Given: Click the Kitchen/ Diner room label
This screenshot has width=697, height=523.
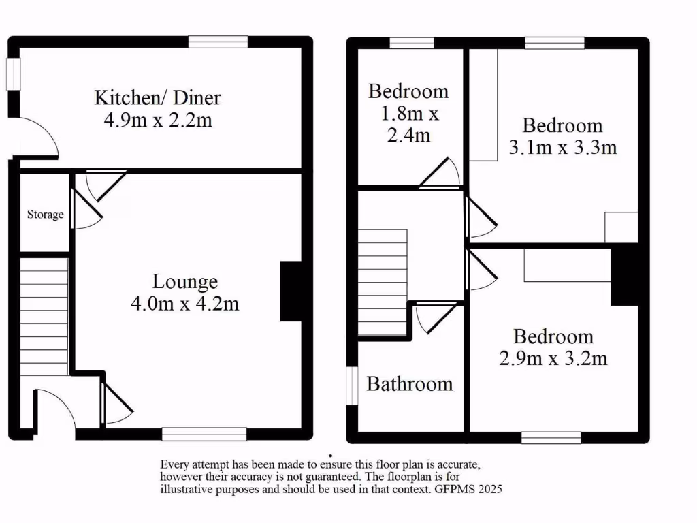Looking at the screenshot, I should pyautogui.click(x=157, y=97).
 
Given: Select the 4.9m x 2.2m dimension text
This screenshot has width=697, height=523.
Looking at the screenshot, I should pyautogui.click(x=157, y=121).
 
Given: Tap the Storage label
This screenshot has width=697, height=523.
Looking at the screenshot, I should pyautogui.click(x=46, y=215).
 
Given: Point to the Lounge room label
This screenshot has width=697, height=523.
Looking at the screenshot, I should pyautogui.click(x=184, y=281).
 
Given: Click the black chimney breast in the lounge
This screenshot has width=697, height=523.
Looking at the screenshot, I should pyautogui.click(x=291, y=291).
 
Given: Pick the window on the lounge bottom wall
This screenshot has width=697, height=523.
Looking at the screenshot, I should pyautogui.click(x=204, y=434).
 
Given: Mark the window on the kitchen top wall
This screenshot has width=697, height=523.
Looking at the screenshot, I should pyautogui.click(x=218, y=42).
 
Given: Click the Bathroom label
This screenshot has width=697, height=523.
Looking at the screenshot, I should pyautogui.click(x=410, y=383).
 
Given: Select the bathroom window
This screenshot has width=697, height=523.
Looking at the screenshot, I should pyautogui.click(x=352, y=387).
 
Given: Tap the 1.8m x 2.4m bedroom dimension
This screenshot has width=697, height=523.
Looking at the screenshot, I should pyautogui.click(x=408, y=124).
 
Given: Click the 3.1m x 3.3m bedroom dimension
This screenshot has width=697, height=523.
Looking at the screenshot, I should pyautogui.click(x=563, y=147).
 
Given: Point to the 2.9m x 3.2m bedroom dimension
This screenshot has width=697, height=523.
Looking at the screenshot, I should pyautogui.click(x=553, y=358).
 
